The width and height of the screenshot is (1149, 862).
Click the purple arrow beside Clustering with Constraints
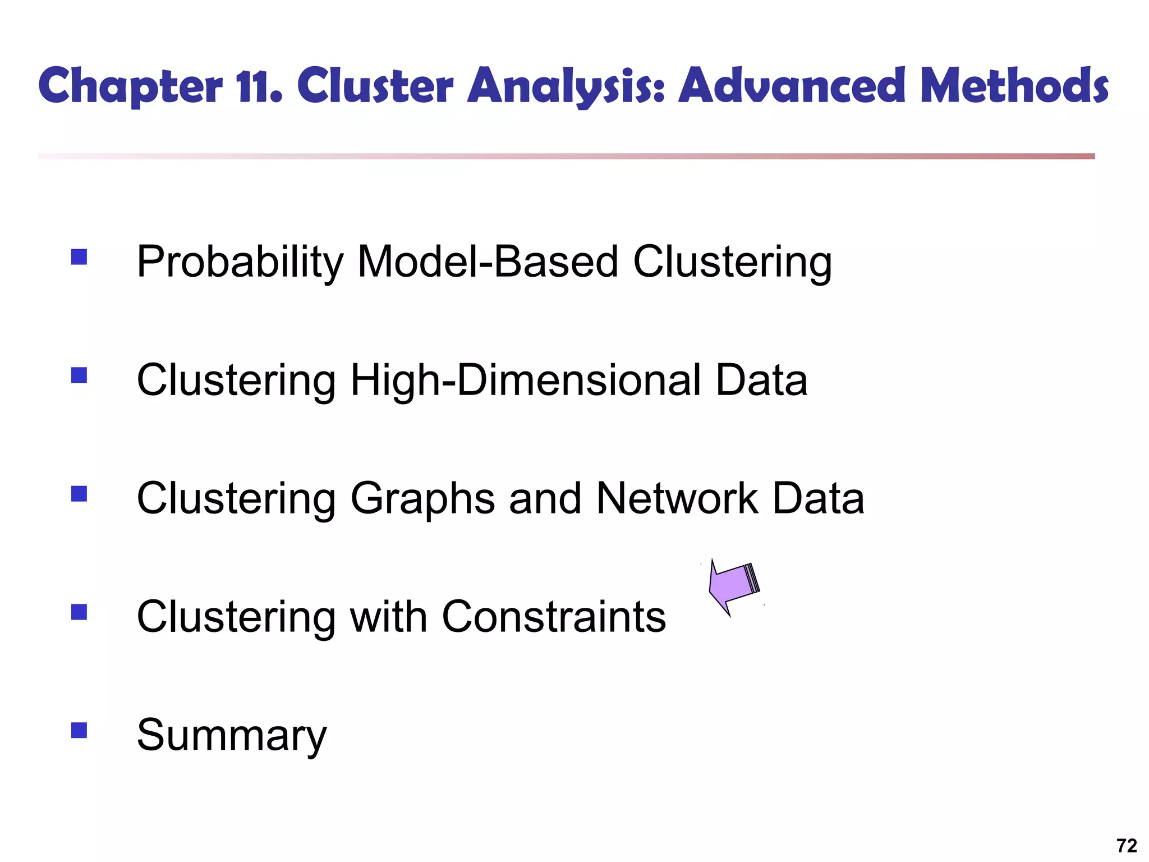733,586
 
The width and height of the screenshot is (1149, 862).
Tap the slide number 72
1127,845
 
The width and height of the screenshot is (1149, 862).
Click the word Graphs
422,499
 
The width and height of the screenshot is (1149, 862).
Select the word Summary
231,735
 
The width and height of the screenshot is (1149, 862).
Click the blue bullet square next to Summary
79,730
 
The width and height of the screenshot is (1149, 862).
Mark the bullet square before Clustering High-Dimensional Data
79,375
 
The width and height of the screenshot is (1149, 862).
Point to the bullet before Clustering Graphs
79,493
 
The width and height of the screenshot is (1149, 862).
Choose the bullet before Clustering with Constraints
79,612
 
